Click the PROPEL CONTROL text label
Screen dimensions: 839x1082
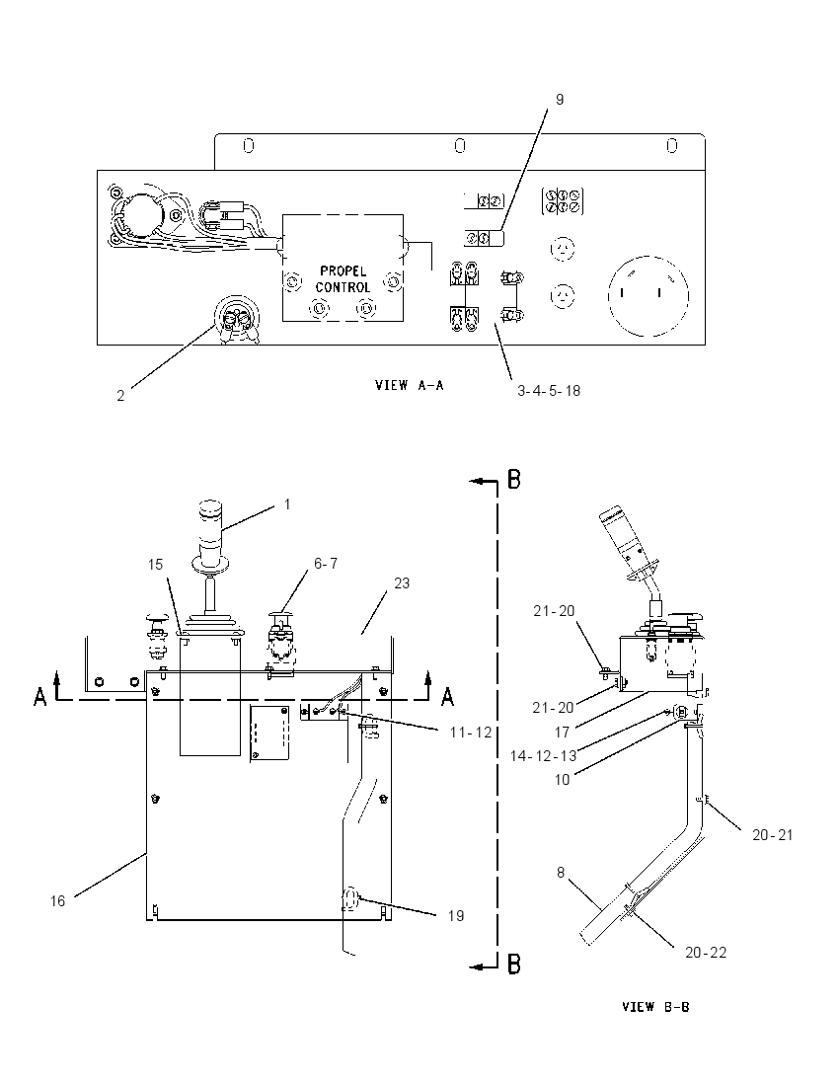[343, 278]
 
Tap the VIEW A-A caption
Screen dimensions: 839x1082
[410, 385]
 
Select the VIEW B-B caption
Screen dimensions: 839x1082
[655, 1007]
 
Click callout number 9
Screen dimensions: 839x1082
[560, 100]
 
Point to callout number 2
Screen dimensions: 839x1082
[120, 396]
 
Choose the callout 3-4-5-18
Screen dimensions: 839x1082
[549, 391]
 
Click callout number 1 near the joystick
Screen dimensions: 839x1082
[287, 504]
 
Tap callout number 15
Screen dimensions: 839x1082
[155, 565]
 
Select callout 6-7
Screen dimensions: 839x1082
[326, 563]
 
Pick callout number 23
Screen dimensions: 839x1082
[402, 583]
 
